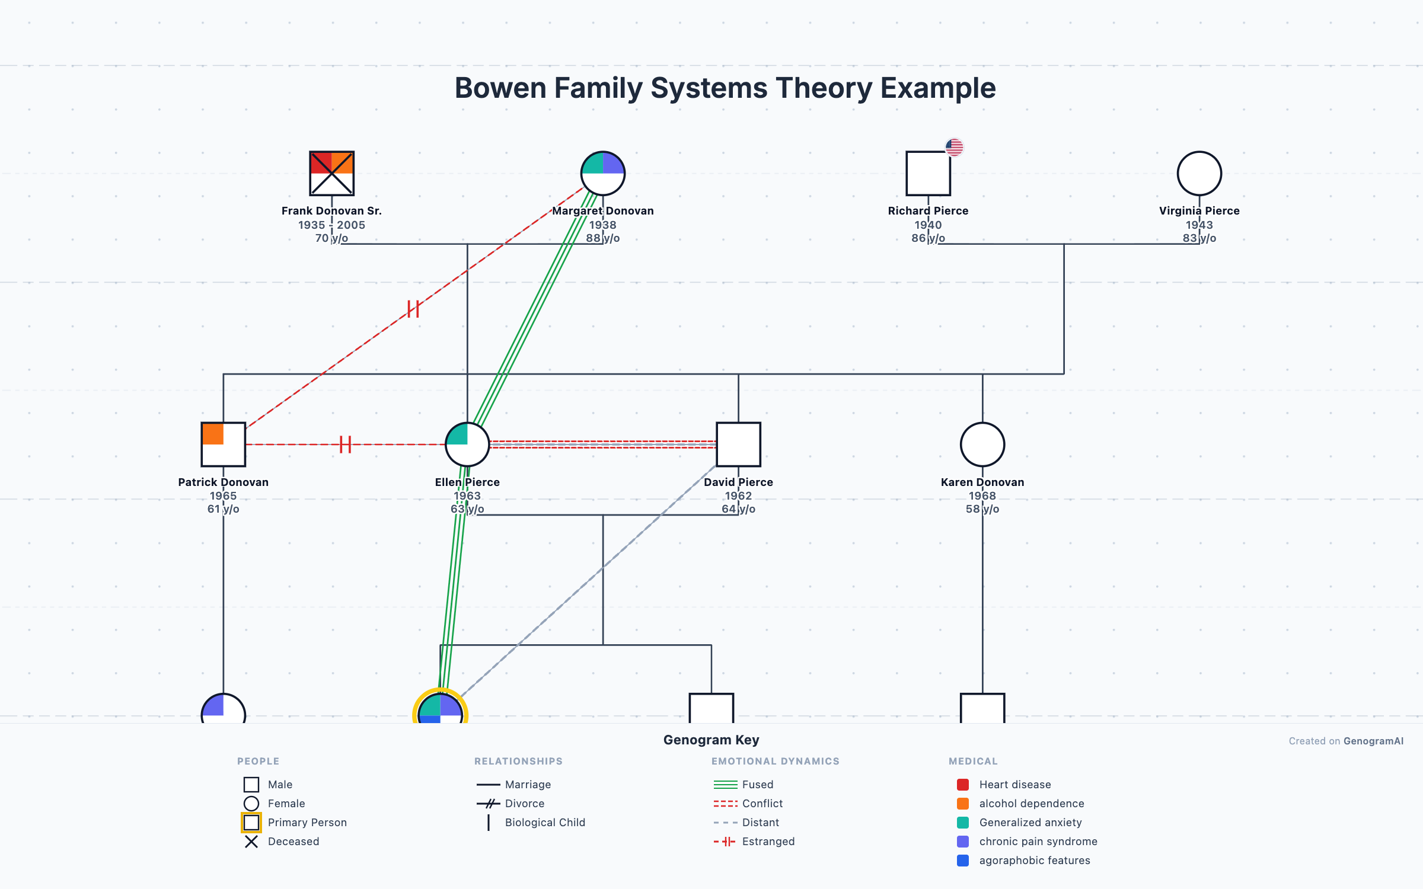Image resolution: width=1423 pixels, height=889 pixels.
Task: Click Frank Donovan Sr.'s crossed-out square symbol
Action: pos(331,173)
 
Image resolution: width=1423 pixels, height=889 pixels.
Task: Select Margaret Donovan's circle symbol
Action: pos(602,173)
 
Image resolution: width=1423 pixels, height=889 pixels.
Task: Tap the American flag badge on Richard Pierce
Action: pos(954,147)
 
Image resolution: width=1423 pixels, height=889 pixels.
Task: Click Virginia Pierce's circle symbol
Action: pos(1199,173)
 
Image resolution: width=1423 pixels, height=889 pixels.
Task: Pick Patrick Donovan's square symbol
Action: pos(223,444)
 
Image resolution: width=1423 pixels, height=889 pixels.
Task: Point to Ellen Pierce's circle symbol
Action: pos(467,444)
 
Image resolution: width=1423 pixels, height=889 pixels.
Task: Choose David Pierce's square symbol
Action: pos(738,444)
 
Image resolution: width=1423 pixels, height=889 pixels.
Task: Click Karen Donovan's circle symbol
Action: pos(982,444)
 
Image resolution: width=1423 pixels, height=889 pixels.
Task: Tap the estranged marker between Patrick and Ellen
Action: pos(345,444)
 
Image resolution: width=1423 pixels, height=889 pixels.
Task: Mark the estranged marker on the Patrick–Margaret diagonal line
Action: pos(413,309)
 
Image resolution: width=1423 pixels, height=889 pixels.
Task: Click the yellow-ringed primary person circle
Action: pos(440,709)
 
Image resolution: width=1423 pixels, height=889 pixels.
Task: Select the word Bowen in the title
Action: pos(500,88)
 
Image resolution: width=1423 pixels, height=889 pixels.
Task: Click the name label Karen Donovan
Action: pos(982,482)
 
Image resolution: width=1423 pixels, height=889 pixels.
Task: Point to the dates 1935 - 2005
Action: pos(331,225)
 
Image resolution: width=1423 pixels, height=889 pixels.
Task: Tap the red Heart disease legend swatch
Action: pos(963,785)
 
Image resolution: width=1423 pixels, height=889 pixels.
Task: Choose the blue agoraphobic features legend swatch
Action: pos(963,861)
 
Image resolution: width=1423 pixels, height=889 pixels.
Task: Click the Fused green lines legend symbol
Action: pos(725,785)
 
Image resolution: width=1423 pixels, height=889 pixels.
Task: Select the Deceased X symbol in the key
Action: pos(251,842)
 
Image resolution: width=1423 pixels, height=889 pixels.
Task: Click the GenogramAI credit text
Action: pos(1373,741)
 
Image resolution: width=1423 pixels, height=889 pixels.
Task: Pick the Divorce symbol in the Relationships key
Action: pos(489,804)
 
